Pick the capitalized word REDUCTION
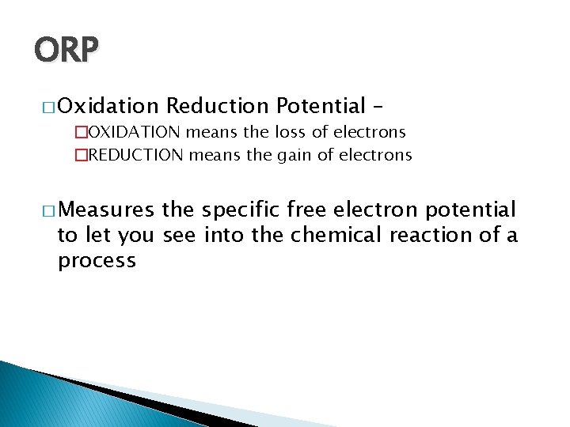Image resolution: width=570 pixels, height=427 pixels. (135, 155)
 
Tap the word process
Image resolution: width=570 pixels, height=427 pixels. (97, 260)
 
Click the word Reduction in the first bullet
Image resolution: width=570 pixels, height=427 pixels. (218, 105)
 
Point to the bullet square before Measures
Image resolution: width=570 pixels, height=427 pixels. (47, 210)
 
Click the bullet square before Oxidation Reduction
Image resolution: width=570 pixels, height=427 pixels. (47, 106)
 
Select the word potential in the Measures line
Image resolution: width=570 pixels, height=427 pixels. (470, 210)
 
